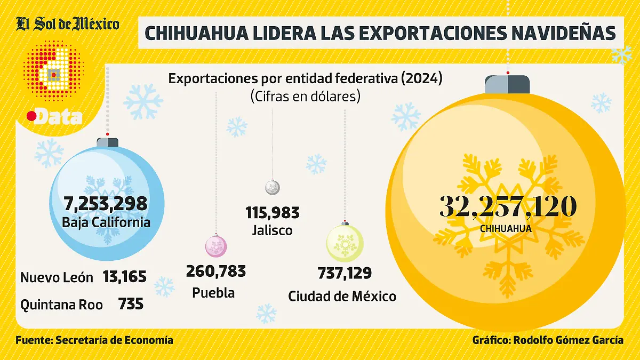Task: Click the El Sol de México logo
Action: pyautogui.click(x=67, y=25)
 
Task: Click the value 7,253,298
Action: pyautogui.click(x=106, y=203)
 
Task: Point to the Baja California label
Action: pyautogui.click(x=106, y=222)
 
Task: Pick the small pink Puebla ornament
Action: pyautogui.click(x=216, y=246)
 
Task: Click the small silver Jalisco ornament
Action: pyautogui.click(x=273, y=187)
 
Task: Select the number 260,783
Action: pyautogui.click(x=216, y=271)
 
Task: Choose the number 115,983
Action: pyautogui.click(x=273, y=212)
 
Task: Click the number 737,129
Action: pyautogui.click(x=345, y=273)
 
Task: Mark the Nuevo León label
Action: pyautogui.click(x=57, y=277)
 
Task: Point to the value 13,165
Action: pyautogui.click(x=125, y=277)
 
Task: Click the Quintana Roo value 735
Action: pyautogui.click(x=131, y=304)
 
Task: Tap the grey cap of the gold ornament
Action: pyautogui.click(x=507, y=84)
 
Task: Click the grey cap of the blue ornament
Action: pyautogui.click(x=107, y=142)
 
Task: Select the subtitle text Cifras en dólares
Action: pyautogui.click(x=305, y=97)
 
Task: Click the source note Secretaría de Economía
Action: pyautogui.click(x=114, y=340)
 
